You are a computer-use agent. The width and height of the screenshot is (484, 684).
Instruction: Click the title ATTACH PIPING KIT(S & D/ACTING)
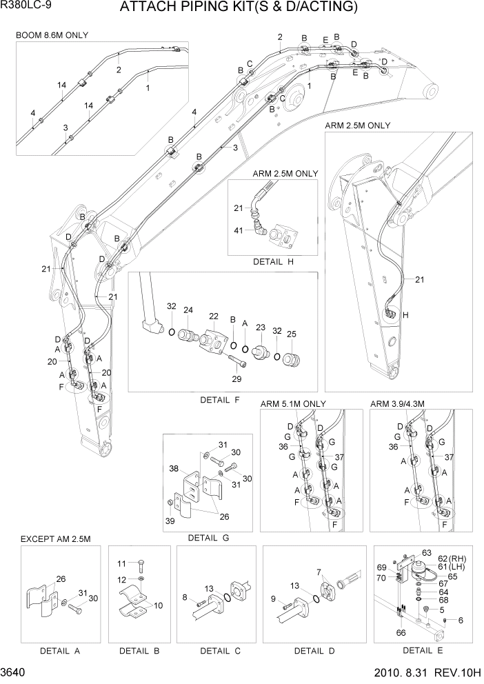tap(239, 8)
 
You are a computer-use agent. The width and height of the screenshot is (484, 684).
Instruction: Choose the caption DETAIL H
tap(273, 261)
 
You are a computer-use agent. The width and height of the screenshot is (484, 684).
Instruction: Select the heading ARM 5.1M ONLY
tap(293, 403)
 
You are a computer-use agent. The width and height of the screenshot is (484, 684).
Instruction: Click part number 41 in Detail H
tap(239, 230)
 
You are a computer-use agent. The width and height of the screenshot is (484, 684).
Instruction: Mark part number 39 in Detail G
tap(169, 519)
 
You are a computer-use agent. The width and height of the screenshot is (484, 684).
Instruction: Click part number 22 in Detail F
tap(213, 316)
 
